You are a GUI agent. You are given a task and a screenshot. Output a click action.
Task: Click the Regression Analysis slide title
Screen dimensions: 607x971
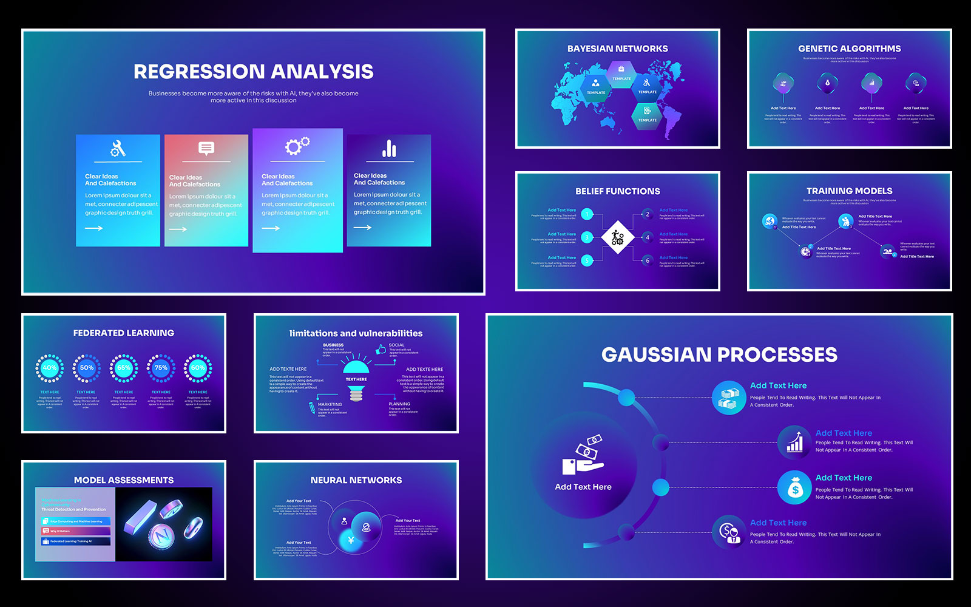click(x=254, y=72)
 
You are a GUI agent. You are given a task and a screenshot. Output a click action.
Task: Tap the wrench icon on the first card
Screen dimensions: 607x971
click(x=118, y=148)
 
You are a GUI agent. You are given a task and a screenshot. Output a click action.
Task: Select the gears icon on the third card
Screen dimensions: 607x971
click(x=297, y=146)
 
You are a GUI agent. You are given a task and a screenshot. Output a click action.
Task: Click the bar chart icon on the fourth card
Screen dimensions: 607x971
click(x=389, y=148)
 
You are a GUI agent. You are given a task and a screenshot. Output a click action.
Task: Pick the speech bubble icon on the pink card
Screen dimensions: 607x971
click(x=206, y=148)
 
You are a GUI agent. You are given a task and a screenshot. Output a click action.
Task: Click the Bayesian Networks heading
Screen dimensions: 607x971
click(x=617, y=49)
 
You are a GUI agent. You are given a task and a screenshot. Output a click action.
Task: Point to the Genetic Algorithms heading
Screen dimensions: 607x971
click(x=849, y=49)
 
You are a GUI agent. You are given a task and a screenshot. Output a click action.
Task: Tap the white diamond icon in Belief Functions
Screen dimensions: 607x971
click(x=617, y=237)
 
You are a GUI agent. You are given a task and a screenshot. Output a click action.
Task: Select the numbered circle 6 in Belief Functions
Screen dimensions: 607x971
click(x=648, y=260)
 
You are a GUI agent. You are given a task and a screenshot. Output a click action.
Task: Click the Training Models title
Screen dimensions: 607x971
click(x=849, y=191)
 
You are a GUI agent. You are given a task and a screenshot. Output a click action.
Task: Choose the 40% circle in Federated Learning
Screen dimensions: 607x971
click(x=50, y=368)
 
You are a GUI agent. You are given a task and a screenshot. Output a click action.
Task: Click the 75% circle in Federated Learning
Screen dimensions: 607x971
click(x=161, y=368)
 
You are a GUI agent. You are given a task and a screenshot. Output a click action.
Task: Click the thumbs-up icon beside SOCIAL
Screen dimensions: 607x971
click(x=381, y=349)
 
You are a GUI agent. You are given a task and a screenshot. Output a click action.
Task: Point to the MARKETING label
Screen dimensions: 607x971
click(x=330, y=404)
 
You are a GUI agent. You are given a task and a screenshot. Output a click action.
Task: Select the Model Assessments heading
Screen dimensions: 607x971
click(x=124, y=480)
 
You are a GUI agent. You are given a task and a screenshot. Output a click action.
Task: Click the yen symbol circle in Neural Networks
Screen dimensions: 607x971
click(x=351, y=540)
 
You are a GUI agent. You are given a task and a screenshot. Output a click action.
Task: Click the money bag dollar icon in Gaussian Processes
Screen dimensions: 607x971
click(x=794, y=487)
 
